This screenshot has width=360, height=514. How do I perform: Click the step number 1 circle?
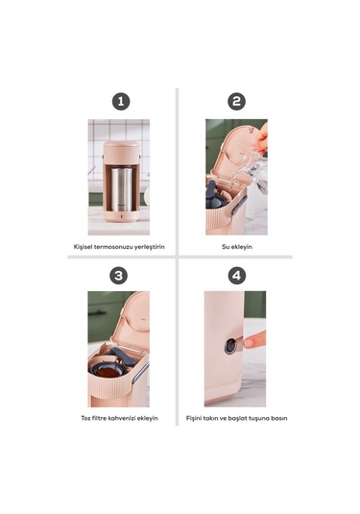pyautogui.click(x=120, y=101)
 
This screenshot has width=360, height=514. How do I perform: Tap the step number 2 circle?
pyautogui.click(x=236, y=101)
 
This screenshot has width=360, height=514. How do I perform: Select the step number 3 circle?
pyautogui.click(x=120, y=275)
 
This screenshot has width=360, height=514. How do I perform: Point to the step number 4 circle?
pyautogui.click(x=236, y=275)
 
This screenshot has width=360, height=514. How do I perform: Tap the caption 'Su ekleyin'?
pyautogui.click(x=237, y=246)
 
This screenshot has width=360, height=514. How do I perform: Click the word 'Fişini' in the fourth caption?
pyautogui.click(x=195, y=418)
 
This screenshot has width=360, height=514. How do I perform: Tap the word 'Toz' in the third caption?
pyautogui.click(x=86, y=418)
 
